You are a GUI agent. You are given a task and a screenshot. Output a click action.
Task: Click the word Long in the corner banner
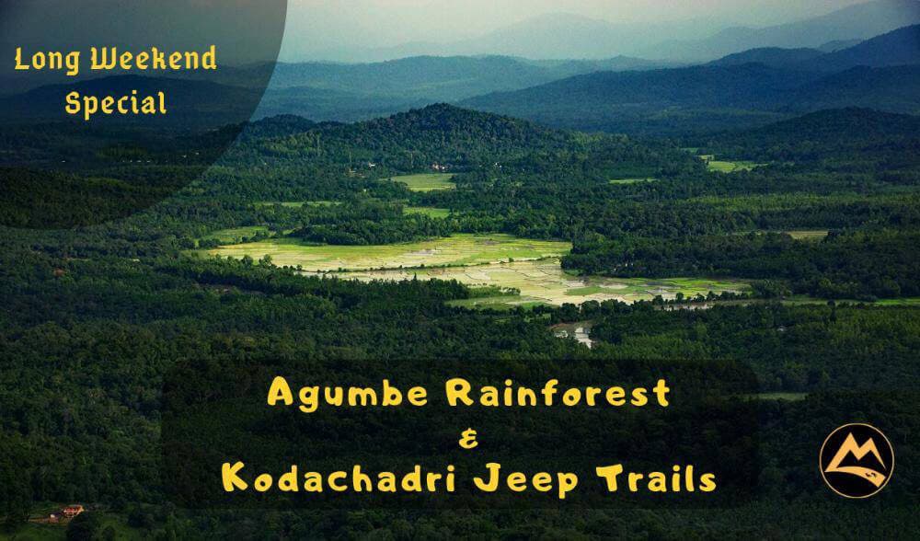tap(43, 62)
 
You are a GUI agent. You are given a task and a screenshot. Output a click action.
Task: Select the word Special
tap(115, 102)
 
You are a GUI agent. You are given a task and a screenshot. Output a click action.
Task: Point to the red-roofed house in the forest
tap(72, 509)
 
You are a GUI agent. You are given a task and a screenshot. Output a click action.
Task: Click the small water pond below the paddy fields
tap(574, 332)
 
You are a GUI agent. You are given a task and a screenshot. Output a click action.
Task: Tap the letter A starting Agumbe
tap(280, 394)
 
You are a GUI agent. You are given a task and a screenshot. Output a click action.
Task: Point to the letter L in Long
tap(20, 61)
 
